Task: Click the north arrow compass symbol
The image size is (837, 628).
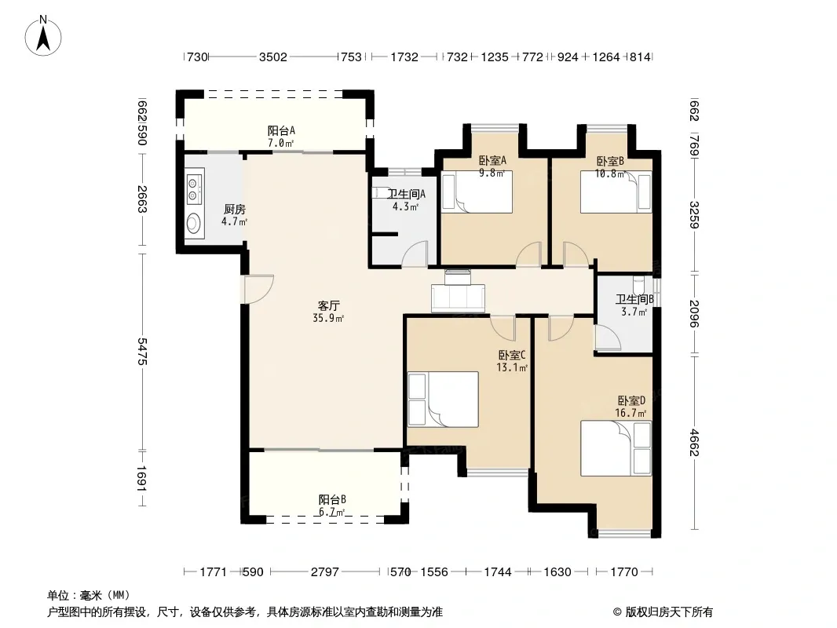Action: tap(43, 35)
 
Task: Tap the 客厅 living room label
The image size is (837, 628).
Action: tap(328, 305)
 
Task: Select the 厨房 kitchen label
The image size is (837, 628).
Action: tap(235, 209)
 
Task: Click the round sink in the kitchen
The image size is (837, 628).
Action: tap(194, 224)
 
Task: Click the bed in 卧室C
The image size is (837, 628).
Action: tap(443, 399)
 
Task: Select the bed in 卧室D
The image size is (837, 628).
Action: tap(616, 448)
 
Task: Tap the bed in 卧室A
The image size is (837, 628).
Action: tap(477, 192)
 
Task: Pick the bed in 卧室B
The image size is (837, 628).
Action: tap(616, 192)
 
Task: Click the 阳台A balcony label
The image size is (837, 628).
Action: tap(281, 131)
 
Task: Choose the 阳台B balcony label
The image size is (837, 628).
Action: tap(332, 499)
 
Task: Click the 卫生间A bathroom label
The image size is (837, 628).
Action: tap(406, 194)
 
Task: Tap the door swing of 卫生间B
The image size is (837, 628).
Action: tap(608, 338)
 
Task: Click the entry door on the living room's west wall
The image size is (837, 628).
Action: tap(259, 289)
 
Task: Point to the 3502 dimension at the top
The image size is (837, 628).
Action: tap(272, 57)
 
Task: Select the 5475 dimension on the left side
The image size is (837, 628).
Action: tap(141, 351)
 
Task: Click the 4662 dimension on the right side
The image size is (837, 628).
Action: tap(694, 442)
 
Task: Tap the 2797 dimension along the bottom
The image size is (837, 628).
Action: tap(324, 572)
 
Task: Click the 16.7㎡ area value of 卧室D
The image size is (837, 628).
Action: tap(630, 413)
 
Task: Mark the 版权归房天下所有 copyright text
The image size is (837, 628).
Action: tap(669, 612)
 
